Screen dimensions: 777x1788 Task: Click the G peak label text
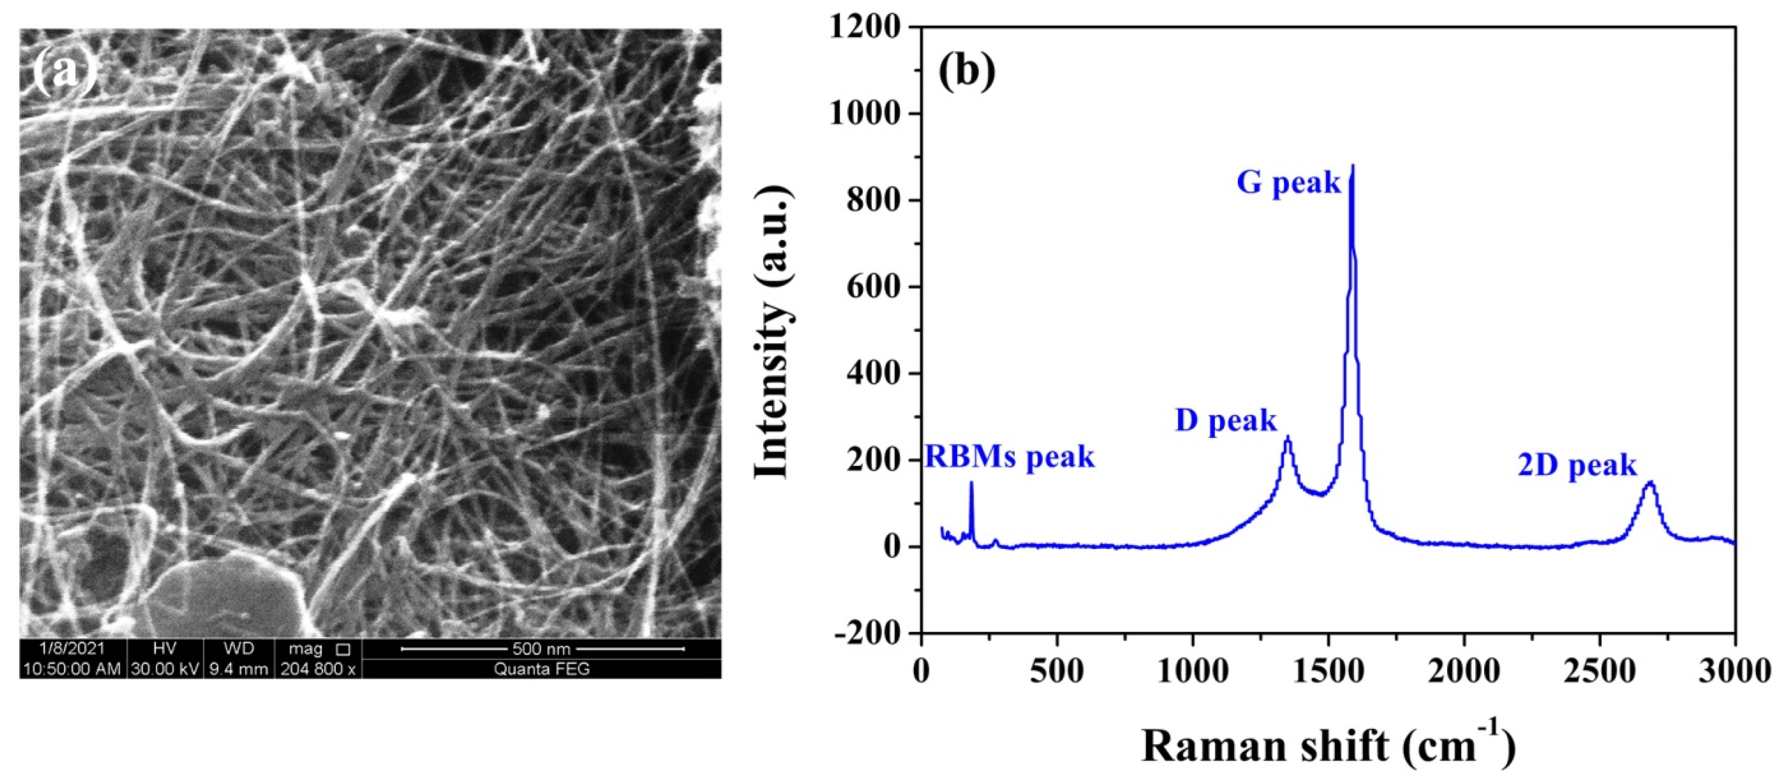pyautogui.click(x=1288, y=183)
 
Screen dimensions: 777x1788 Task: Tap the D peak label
pyautogui.click(x=1225, y=421)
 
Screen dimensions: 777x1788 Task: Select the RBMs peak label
pyautogui.click(x=1010, y=458)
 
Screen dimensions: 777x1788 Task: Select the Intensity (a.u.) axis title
pyautogui.click(x=773, y=332)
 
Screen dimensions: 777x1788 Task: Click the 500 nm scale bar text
pyautogui.click(x=541, y=649)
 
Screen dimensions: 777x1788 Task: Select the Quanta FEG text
pyautogui.click(x=541, y=669)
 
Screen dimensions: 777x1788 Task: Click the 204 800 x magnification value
pyautogui.click(x=318, y=669)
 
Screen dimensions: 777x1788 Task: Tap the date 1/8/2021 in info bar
pyautogui.click(x=72, y=649)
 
